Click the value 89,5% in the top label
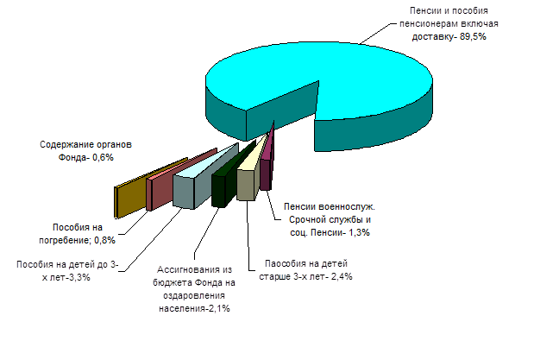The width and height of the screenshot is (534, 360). [x=473, y=36]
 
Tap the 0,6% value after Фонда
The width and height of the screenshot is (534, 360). [x=103, y=157]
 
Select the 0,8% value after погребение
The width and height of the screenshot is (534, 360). [x=104, y=240]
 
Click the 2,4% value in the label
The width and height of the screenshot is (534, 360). [x=342, y=276]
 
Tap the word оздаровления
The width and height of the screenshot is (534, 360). [x=194, y=295]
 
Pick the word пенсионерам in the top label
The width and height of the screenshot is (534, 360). [x=429, y=24]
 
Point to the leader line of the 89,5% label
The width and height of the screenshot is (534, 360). [x=379, y=34]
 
